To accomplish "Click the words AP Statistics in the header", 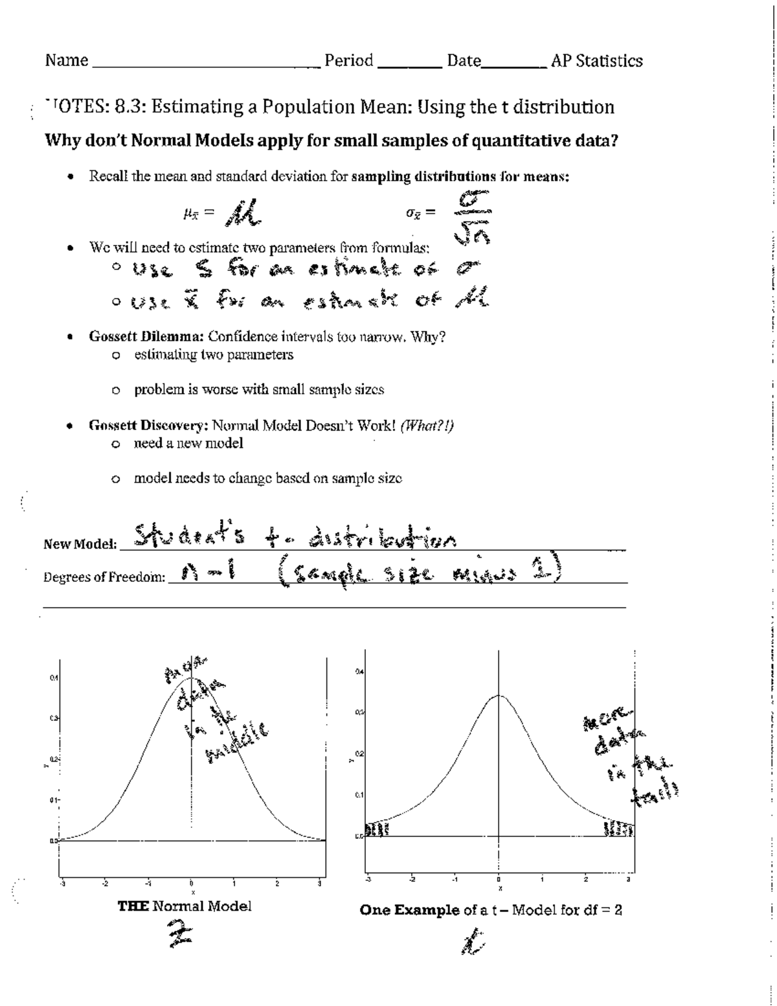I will click(x=596, y=61).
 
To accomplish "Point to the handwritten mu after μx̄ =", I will click(x=242, y=212).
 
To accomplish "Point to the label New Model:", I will click(x=80, y=544).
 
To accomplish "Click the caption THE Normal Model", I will click(x=185, y=906).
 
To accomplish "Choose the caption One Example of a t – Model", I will click(x=491, y=910).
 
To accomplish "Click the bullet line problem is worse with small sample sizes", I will click(x=259, y=390).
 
